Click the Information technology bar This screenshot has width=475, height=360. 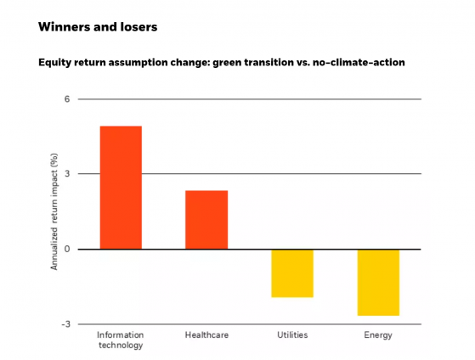121,188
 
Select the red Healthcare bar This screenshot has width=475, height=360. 206,220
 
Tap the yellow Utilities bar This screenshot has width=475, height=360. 292,273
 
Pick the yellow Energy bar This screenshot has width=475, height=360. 378,283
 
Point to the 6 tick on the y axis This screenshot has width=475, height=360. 67,99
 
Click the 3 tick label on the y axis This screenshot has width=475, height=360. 67,174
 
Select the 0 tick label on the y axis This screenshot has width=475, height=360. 67,249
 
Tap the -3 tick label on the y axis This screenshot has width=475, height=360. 65,324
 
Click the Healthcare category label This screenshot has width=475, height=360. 206,335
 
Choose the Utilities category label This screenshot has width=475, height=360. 292,335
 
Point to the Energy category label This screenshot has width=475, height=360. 378,335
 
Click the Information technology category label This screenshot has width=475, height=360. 121,340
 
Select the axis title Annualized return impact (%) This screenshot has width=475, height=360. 54,211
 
